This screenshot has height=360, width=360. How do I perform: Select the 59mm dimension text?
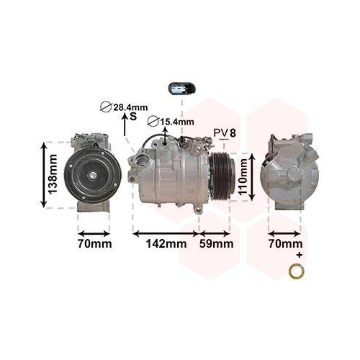pyautogui.click(x=217, y=245)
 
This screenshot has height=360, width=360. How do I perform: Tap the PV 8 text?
pyautogui.click(x=225, y=132)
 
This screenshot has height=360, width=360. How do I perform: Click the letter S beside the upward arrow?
pyautogui.click(x=132, y=116)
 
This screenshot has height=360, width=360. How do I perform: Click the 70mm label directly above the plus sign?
pyautogui.click(x=285, y=244)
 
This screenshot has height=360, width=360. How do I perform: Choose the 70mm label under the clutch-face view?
pyautogui.click(x=94, y=244)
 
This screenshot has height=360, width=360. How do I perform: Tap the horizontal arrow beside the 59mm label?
pyautogui.click(x=215, y=233)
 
